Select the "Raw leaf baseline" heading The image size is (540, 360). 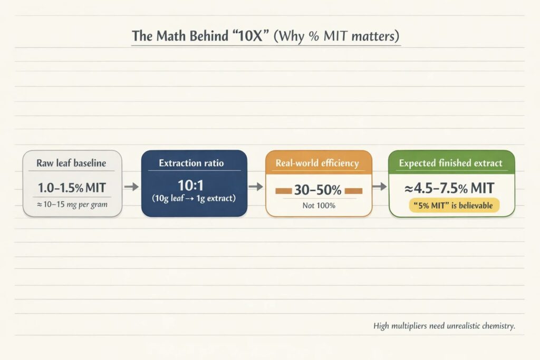click(71, 163)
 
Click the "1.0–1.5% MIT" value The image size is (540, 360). click(72, 188)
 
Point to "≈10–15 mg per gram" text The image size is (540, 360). click(72, 205)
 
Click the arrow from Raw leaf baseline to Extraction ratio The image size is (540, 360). click(131, 187)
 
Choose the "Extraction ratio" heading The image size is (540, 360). click(191, 163)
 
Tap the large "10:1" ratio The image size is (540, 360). click(191, 186)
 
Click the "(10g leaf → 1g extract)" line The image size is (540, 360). click(194, 199)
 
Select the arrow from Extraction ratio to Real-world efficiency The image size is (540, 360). click(256, 187)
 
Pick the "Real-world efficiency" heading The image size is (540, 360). click(317, 163)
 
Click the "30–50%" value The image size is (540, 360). click(317, 190)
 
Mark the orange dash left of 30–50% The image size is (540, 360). click(284, 191)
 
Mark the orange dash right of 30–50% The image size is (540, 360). click(353, 191)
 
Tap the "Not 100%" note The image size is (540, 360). click(319, 206)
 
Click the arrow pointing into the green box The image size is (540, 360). click(380, 186)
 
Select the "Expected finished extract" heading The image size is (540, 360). click(451, 163)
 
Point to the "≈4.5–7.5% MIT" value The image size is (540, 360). click(449, 188)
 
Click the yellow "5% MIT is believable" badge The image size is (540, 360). click(454, 206)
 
